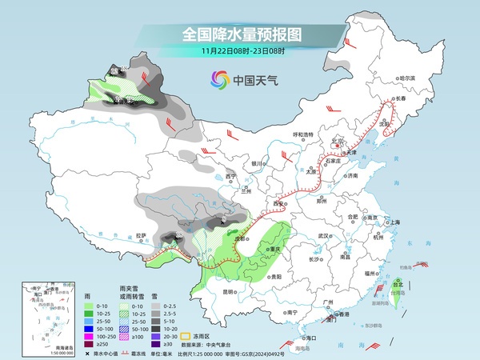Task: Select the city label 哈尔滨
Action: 407,78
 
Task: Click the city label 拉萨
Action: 142,235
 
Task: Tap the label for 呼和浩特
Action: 305,134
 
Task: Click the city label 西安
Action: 278,204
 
